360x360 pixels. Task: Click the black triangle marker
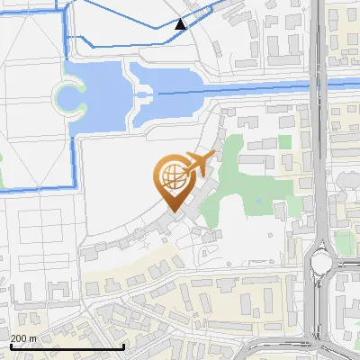pos(181,24)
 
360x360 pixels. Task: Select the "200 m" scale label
pos(23,337)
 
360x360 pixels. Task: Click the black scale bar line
pos(67,346)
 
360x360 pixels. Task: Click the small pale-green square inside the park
pos(284,142)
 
